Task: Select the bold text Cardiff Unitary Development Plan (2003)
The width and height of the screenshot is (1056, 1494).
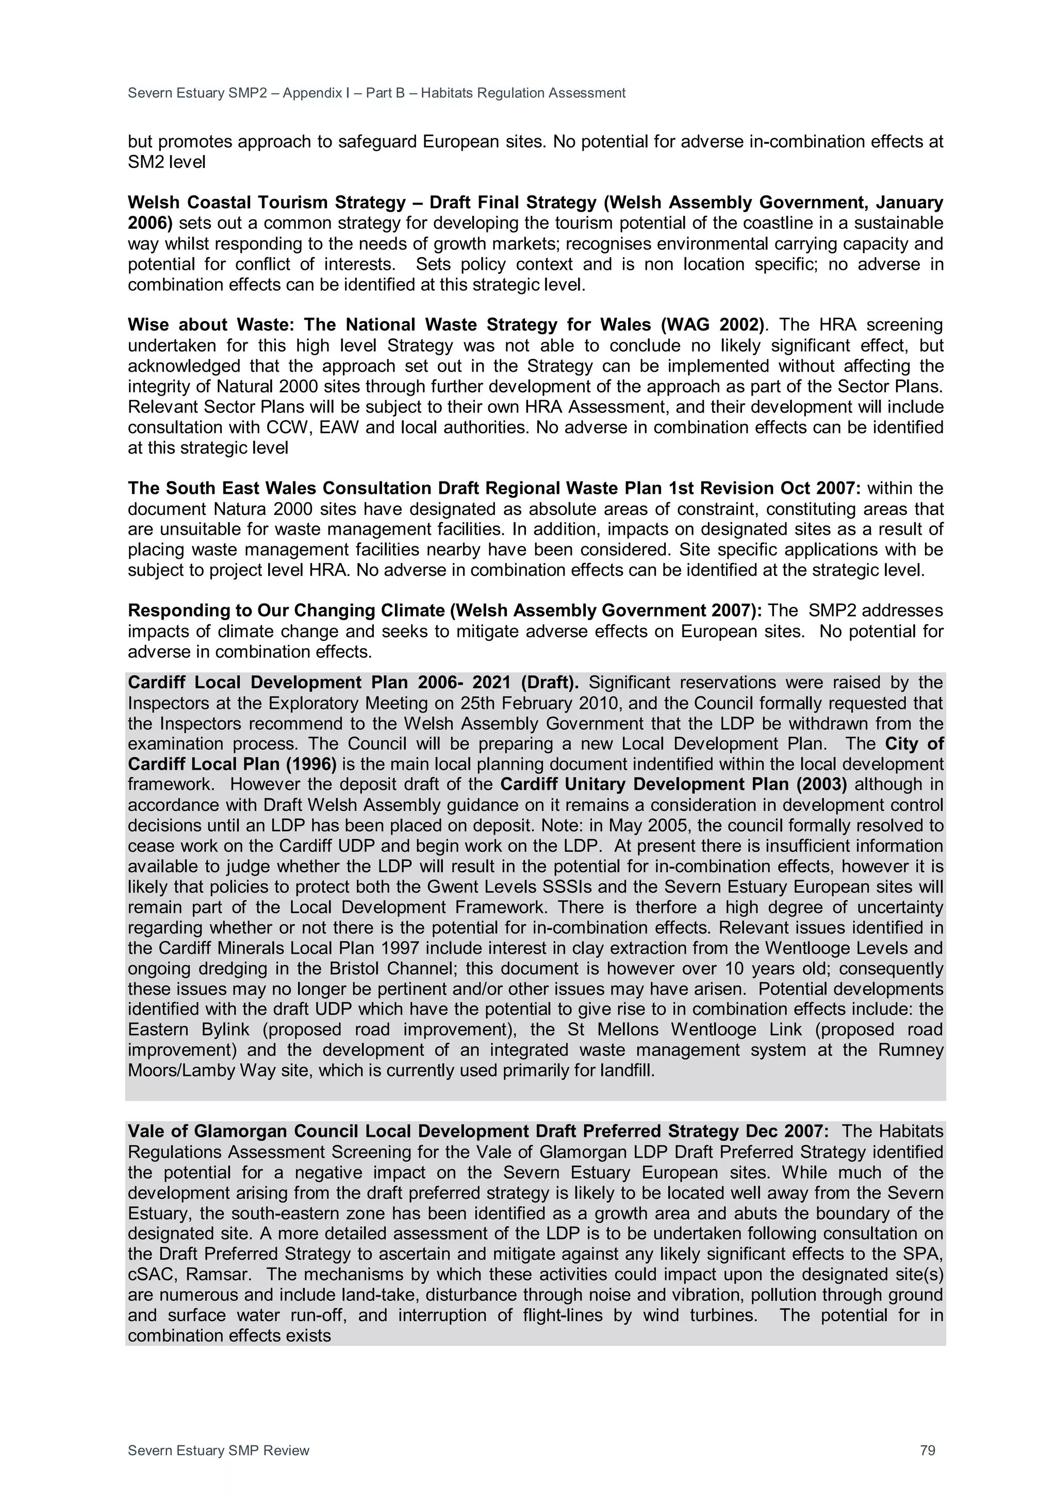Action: (673, 785)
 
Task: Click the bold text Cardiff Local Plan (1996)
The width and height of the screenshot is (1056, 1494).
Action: (232, 764)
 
